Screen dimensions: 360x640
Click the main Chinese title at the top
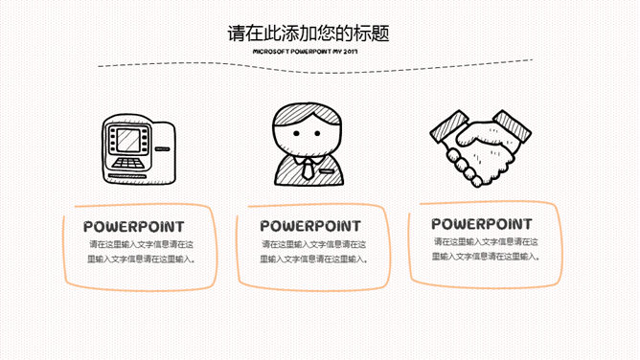click(x=308, y=33)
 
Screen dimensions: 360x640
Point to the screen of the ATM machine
click(x=127, y=140)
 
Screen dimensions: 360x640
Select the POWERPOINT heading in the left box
click(x=134, y=227)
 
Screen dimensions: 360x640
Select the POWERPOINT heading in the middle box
click(x=310, y=227)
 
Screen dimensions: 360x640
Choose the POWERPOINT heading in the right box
click(x=481, y=225)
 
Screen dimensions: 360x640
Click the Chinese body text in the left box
click(x=140, y=252)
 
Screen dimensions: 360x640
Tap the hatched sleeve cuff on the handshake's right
click(x=513, y=127)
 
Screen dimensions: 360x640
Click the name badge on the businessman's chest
click(x=327, y=172)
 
